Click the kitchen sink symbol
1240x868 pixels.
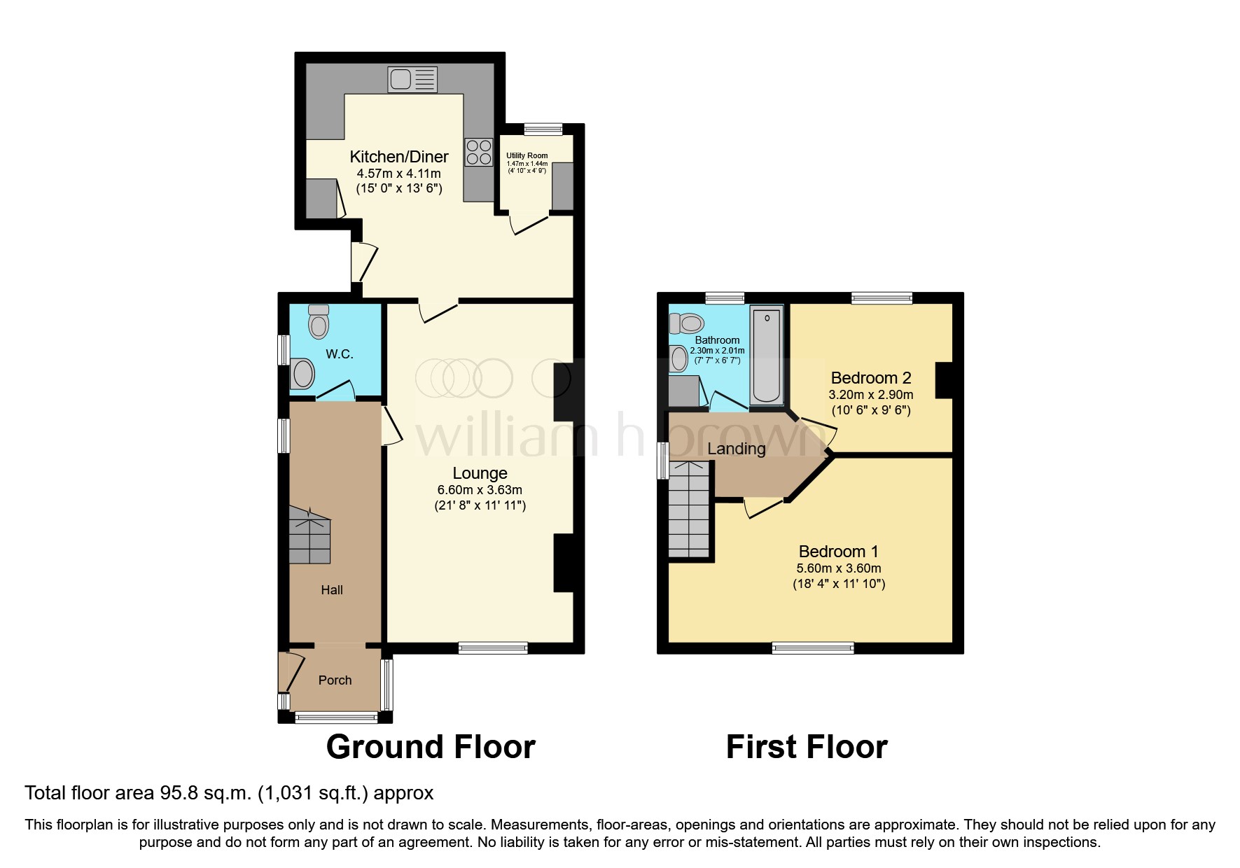(x=412, y=79)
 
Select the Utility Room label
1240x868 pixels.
(x=527, y=155)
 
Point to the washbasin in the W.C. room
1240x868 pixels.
(x=303, y=373)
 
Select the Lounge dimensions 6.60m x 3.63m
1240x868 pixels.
(x=480, y=490)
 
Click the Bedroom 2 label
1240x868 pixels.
(x=870, y=378)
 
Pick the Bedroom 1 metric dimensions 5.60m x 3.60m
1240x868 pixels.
(x=838, y=568)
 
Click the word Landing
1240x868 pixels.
(x=736, y=449)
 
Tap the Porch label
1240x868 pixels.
(x=335, y=680)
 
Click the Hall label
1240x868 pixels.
(x=332, y=590)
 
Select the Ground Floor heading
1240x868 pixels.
(x=431, y=747)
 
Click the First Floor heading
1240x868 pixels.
(x=807, y=747)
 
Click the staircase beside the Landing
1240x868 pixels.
(x=689, y=510)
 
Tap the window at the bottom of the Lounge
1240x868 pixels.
(x=493, y=648)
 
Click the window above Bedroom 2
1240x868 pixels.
(x=882, y=298)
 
